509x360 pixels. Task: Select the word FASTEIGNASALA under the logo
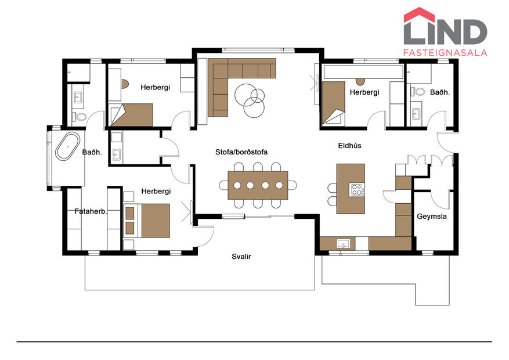pyautogui.click(x=445, y=52)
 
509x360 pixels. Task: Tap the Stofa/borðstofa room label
pyautogui.click(x=242, y=152)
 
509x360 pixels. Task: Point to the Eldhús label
pyautogui.click(x=349, y=146)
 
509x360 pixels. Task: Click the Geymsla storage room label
pyautogui.click(x=431, y=217)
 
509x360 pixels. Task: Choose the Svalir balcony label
pyautogui.click(x=241, y=256)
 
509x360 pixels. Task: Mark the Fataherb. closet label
pyautogui.click(x=91, y=211)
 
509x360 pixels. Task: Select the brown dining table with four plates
pyautogui.click(x=258, y=185)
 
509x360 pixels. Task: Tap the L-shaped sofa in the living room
pyautogui.click(x=232, y=81)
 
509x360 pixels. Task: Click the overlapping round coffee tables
pyautogui.click(x=250, y=97)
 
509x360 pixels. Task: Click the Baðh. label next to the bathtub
pyautogui.click(x=92, y=153)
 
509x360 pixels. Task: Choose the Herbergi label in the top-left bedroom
pyautogui.click(x=155, y=87)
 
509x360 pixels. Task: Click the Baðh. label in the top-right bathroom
pyautogui.click(x=440, y=92)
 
